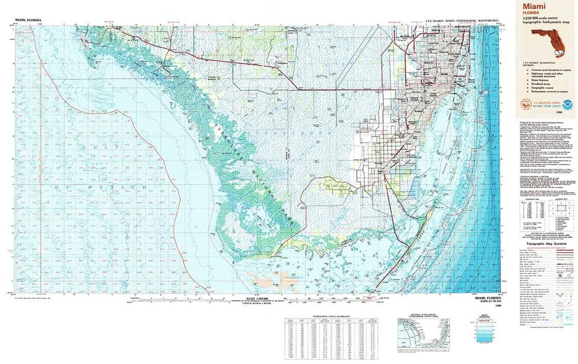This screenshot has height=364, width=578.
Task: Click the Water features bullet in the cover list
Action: pyautogui.click(x=536, y=80)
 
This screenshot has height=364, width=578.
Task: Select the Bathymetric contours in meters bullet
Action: pyautogui.click(x=545, y=92)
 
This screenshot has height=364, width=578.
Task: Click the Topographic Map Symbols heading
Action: pyautogui.click(x=546, y=244)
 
